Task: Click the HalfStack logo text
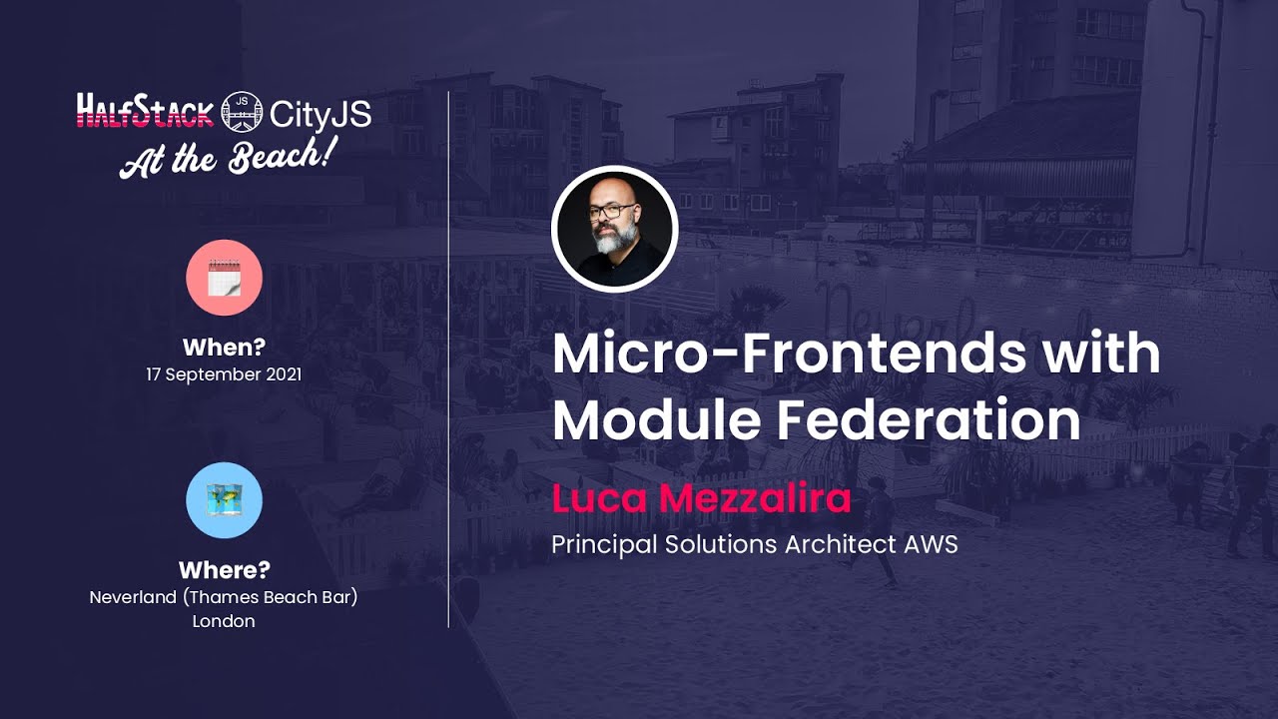pyautogui.click(x=146, y=111)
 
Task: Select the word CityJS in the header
pyautogui.click(x=319, y=114)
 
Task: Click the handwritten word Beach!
pyautogui.click(x=283, y=156)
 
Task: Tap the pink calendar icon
pyautogui.click(x=225, y=278)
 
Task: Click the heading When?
pyautogui.click(x=224, y=348)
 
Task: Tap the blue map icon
pyautogui.click(x=225, y=500)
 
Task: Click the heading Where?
pyautogui.click(x=224, y=570)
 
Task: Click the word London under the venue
pyautogui.click(x=224, y=621)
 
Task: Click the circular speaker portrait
pyautogui.click(x=615, y=229)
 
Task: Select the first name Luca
pyautogui.click(x=594, y=497)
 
